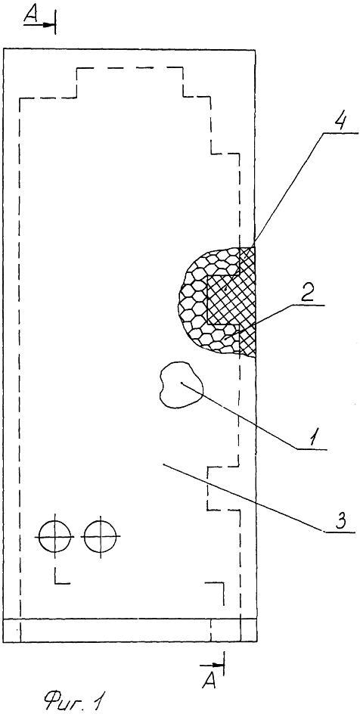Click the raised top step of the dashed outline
point(130,69)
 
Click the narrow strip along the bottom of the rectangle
point(129,631)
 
